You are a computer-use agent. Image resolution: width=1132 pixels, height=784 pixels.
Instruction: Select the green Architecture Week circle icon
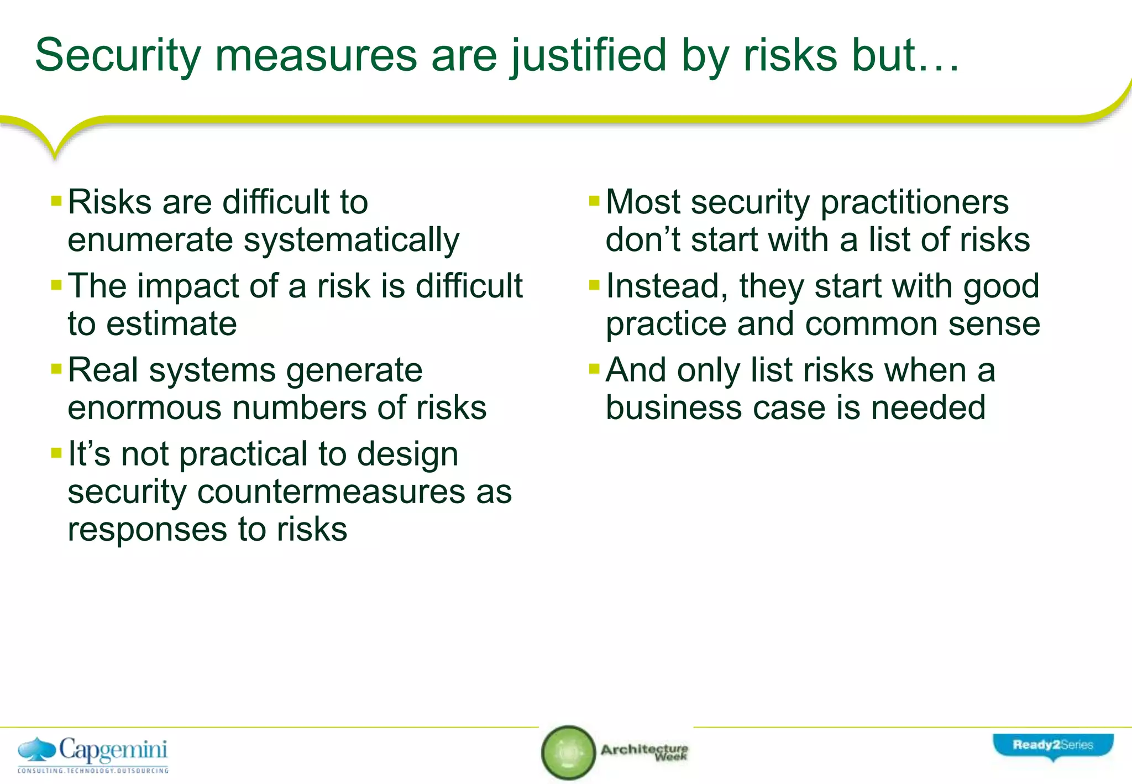[x=568, y=752]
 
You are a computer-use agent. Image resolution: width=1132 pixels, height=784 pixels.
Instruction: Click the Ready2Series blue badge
[x=1053, y=746]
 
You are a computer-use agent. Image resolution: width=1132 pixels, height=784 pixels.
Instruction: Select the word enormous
[x=144, y=407]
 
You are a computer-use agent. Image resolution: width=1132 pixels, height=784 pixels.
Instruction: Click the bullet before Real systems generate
[x=56, y=368]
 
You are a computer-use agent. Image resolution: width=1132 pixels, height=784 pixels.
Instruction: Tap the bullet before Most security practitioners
[x=594, y=200]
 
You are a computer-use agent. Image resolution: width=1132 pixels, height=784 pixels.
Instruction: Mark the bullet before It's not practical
[x=56, y=453]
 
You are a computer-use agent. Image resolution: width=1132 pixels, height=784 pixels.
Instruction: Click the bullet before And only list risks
[x=594, y=368]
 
